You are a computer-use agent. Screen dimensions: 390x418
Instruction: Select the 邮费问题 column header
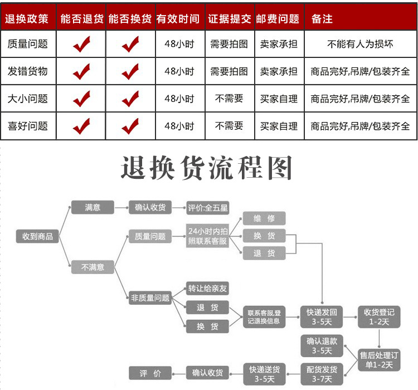tap(278, 19)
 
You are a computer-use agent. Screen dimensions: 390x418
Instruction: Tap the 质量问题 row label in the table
tap(27, 44)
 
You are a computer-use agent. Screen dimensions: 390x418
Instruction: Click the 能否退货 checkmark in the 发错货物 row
tap(81, 72)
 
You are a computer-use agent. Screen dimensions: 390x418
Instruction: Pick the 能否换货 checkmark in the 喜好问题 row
tap(130, 126)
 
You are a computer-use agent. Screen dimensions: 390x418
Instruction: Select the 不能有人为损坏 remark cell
tap(360, 44)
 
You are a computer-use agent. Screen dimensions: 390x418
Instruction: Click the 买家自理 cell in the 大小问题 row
tap(279, 99)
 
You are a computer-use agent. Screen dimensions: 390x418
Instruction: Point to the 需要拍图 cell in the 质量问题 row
tap(229, 44)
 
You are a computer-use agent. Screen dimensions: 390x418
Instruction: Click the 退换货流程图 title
tap(207, 167)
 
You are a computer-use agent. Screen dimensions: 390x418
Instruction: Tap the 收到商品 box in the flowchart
tap(37, 236)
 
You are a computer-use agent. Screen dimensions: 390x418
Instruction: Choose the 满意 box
tap(93, 207)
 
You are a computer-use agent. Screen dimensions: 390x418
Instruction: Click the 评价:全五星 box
tap(208, 208)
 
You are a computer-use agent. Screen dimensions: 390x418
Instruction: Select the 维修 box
tap(264, 218)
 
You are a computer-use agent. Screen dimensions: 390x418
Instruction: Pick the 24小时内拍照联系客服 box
tap(208, 236)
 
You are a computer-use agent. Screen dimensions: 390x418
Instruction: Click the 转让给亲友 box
tap(208, 289)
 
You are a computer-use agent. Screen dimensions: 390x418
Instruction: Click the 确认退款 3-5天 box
tap(322, 345)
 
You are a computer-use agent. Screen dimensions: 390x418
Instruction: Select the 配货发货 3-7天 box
tap(322, 374)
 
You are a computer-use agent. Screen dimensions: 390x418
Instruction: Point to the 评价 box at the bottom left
tap(149, 373)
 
